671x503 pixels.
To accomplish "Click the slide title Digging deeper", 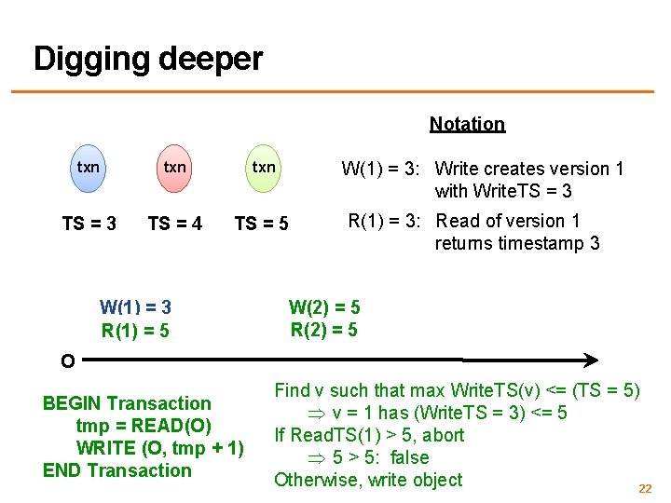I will pyautogui.click(x=148, y=59).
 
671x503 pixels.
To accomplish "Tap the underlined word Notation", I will pyautogui.click(x=467, y=124).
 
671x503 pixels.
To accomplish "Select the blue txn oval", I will pyautogui.click(x=89, y=168).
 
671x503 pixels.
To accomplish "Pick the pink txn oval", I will pyautogui.click(x=174, y=168).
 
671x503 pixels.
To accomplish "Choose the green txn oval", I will pyautogui.click(x=264, y=168).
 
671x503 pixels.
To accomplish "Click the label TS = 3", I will pyautogui.click(x=89, y=224).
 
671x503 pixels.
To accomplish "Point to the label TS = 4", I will pyautogui.click(x=175, y=224).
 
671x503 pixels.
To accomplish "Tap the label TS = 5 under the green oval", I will pyautogui.click(x=261, y=224).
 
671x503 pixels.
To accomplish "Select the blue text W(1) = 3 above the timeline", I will pyautogui.click(x=135, y=307).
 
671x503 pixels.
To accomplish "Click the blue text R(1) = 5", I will pyautogui.click(x=135, y=330).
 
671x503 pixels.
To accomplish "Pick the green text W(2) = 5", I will pyautogui.click(x=324, y=307).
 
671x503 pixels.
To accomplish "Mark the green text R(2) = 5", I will pyautogui.click(x=324, y=329).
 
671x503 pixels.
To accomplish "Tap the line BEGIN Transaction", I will pyautogui.click(x=127, y=403).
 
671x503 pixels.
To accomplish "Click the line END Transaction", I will pyautogui.click(x=116, y=470).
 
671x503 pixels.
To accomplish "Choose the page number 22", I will pyautogui.click(x=644, y=488).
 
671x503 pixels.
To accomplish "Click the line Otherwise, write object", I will pyautogui.click(x=368, y=480).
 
